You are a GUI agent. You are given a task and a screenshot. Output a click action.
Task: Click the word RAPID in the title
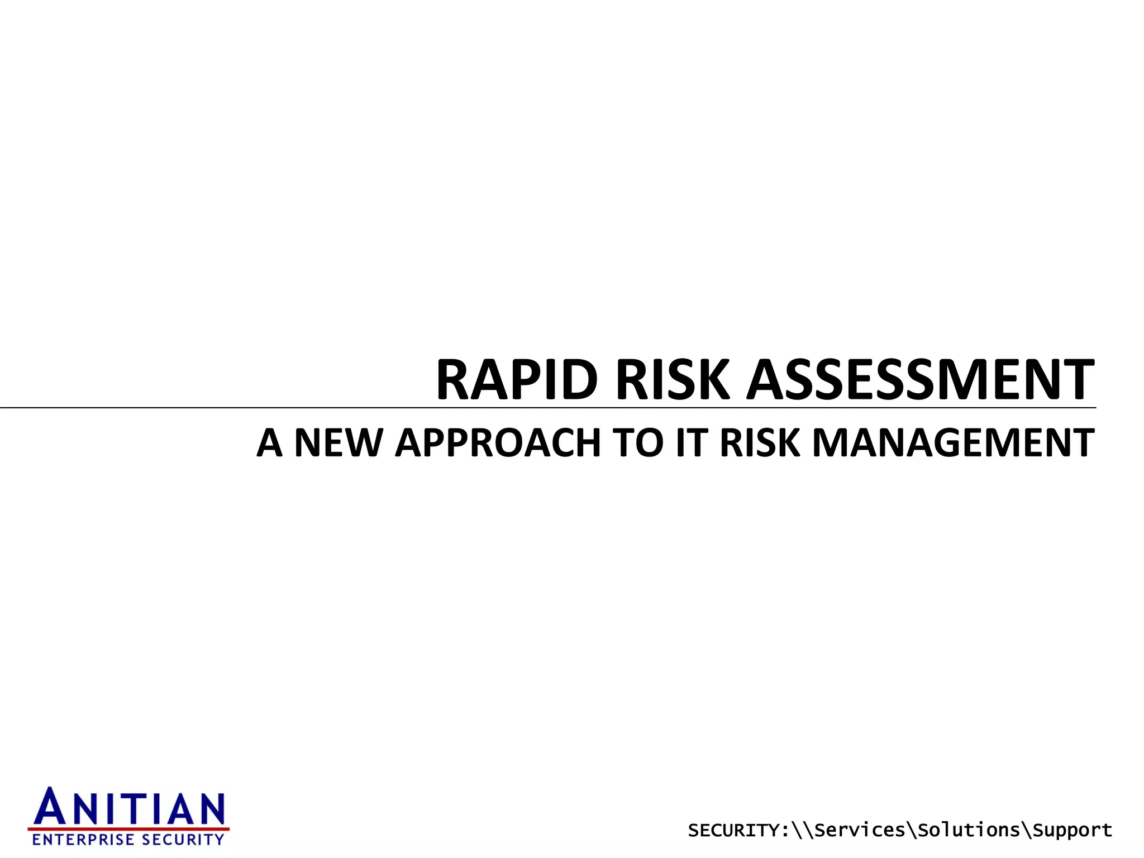click(x=516, y=380)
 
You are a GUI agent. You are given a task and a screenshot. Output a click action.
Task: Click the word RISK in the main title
click(x=673, y=380)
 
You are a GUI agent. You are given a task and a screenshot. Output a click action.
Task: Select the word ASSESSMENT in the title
click(x=921, y=380)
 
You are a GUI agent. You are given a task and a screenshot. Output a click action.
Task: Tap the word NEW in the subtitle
click(x=337, y=443)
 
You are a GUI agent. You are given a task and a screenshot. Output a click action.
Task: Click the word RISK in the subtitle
click(x=760, y=443)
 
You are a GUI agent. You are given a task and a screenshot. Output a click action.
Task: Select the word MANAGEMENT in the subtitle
click(x=952, y=443)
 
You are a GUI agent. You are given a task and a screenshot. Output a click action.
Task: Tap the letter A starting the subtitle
click(x=269, y=443)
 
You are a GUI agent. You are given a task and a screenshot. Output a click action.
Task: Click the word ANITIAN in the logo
click(x=130, y=809)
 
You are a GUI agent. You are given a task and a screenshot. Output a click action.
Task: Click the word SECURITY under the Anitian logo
click(x=183, y=840)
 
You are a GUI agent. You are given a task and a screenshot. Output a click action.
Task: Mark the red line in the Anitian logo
click(x=128, y=829)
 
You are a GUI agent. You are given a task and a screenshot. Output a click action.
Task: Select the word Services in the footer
click(x=860, y=831)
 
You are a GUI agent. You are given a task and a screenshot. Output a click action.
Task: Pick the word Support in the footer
click(x=1072, y=831)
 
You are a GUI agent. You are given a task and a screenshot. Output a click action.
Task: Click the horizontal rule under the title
click(x=223, y=408)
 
